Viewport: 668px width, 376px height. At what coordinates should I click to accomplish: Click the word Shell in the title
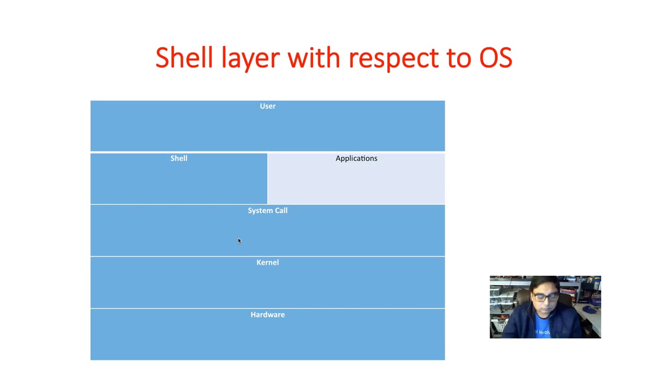click(x=184, y=57)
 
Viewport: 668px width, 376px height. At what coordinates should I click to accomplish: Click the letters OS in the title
click(x=495, y=57)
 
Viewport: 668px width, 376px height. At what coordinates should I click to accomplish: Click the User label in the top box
click(x=268, y=106)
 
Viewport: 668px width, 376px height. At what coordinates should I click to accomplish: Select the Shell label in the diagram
click(x=178, y=158)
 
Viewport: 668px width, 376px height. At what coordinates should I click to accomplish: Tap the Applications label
click(x=356, y=158)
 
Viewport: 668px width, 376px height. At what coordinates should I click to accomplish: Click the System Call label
click(x=267, y=210)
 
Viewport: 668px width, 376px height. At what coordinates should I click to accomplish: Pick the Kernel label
click(x=267, y=263)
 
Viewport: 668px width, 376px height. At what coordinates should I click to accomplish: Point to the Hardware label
click(x=267, y=315)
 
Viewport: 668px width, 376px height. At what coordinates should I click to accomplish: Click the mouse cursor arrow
click(x=239, y=241)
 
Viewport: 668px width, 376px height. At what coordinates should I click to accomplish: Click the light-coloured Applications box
click(x=356, y=183)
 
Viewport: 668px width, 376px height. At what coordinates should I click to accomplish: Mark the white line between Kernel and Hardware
click(x=267, y=308)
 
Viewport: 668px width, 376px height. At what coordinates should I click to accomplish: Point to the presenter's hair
click(x=544, y=286)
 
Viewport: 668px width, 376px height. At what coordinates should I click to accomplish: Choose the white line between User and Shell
click(x=267, y=152)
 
